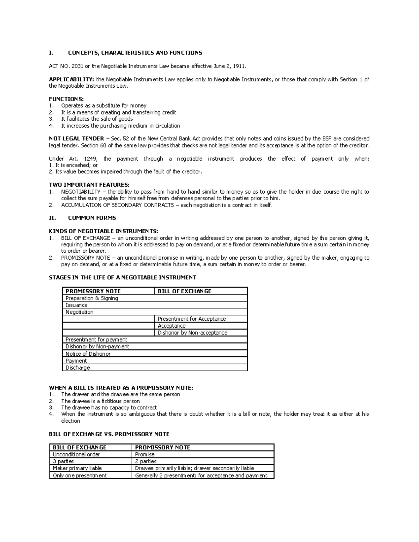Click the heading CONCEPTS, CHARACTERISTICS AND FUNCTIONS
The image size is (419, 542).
tap(135, 53)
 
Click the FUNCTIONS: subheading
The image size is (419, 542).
tap(66, 99)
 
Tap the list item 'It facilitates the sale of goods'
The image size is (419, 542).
tap(97, 119)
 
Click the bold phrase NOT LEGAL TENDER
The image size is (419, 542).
tap(76, 139)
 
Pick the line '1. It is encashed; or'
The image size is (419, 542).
tap(73, 165)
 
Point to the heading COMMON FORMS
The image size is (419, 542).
tap(92, 218)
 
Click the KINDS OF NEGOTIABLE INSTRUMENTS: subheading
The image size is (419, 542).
tap(103, 231)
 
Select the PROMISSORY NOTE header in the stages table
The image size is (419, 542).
tap(93, 291)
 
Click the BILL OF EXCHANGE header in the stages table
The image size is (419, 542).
tap(184, 291)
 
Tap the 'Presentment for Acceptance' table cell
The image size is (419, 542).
tap(192, 319)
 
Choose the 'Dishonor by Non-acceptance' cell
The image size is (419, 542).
tap(192, 333)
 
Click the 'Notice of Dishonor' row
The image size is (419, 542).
tap(88, 354)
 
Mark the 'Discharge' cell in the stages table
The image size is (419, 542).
tap(78, 367)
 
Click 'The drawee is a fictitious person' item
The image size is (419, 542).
tap(100, 401)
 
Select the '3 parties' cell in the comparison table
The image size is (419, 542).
tap(63, 461)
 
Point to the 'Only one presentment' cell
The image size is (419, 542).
tap(80, 475)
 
